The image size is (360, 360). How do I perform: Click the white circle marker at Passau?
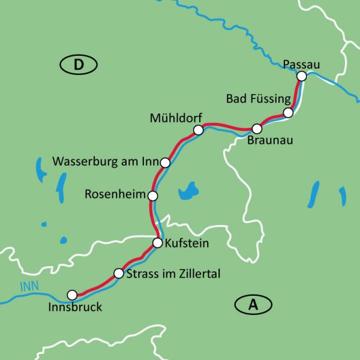tap(302, 76)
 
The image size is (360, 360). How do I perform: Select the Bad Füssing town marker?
tap(289, 113)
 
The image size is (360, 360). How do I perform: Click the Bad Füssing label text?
tap(259, 98)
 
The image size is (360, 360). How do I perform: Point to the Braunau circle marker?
tap(257, 128)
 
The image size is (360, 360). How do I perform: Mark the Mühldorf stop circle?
tap(199, 129)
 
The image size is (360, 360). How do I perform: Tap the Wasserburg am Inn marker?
tap(166, 162)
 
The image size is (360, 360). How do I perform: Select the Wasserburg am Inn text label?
tap(106, 162)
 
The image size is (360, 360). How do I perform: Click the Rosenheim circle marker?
tap(153, 196)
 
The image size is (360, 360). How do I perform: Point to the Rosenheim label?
tap(115, 195)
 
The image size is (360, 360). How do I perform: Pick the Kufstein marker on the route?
tap(157, 243)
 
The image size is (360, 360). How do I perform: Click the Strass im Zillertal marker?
tap(118, 274)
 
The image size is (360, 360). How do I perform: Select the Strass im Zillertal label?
tap(175, 274)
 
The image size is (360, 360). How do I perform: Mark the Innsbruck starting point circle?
tap(73, 295)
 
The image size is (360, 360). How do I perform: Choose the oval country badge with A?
tap(253, 305)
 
